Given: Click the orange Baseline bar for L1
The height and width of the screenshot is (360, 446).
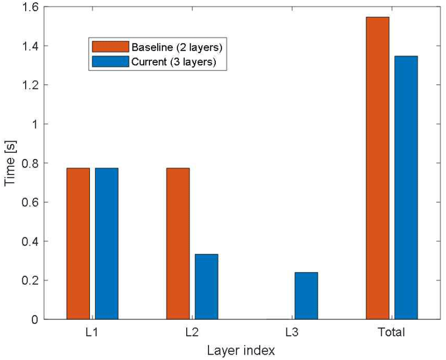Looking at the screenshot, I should pyautogui.click(x=78, y=244).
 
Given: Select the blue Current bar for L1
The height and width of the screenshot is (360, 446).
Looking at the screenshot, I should pyautogui.click(x=106, y=244).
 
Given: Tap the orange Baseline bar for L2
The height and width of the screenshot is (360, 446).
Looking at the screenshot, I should pyautogui.click(x=178, y=244).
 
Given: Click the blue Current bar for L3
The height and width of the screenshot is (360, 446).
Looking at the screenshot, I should pyautogui.click(x=306, y=296).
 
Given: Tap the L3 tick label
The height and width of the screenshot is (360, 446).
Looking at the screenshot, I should pyautogui.click(x=292, y=333).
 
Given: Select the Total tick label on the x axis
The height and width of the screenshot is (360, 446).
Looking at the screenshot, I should pyautogui.click(x=392, y=333).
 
